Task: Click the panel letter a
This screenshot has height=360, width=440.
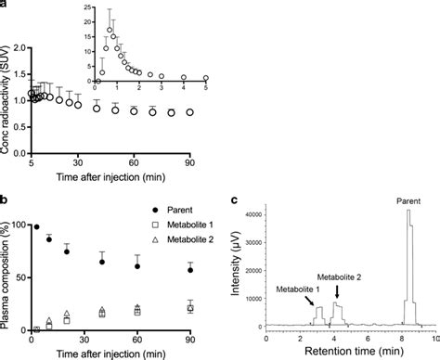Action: click(x=5, y=5)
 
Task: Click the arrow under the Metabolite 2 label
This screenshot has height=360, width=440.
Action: click(x=338, y=289)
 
